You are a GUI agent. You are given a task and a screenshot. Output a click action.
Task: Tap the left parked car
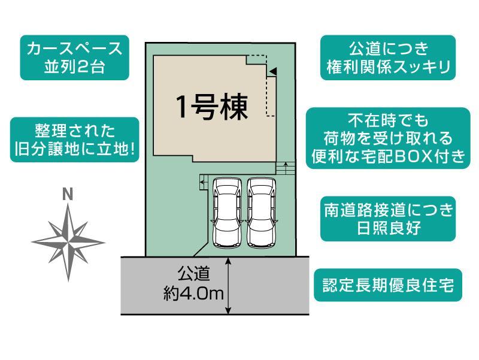point(228,213)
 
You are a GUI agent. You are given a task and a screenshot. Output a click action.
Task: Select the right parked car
point(262,213)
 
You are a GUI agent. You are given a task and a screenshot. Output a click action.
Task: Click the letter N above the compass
point(68,194)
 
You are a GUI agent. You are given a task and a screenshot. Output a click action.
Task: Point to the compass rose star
point(68,243)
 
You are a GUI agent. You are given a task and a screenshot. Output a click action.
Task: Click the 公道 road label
point(194,274)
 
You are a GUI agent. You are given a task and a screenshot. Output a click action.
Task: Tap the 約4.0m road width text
point(193,294)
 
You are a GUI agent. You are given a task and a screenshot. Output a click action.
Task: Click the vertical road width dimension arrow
point(228,286)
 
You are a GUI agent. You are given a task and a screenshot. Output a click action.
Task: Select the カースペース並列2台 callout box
point(74,58)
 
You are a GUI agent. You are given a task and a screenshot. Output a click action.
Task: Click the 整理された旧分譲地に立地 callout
point(74,140)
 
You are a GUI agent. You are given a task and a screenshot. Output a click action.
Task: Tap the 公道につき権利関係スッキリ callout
point(388,58)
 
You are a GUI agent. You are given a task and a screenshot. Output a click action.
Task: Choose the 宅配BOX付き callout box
point(388,138)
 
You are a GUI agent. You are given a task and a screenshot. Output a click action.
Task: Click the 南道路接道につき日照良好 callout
point(388,219)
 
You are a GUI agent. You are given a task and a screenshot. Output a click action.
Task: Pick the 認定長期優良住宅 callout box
point(388,285)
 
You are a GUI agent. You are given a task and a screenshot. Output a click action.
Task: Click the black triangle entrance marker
point(273,71)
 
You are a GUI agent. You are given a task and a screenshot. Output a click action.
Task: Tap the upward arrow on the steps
point(286,168)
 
